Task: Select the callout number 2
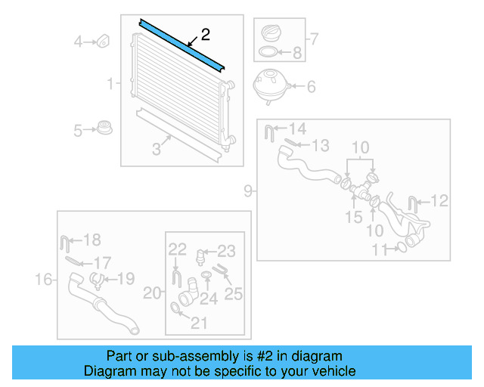click(x=205, y=34)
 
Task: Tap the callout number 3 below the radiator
click(x=157, y=149)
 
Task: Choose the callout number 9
click(x=248, y=191)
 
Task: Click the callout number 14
click(x=297, y=128)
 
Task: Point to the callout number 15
click(x=354, y=218)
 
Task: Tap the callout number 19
click(x=126, y=279)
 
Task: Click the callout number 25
click(x=234, y=293)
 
